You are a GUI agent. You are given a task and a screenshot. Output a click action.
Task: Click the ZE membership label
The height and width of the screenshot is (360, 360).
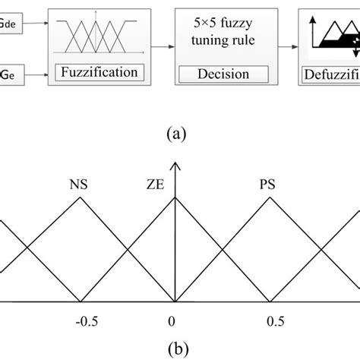tap(157, 184)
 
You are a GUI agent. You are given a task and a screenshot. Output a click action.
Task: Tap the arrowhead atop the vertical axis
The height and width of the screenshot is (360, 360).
tap(175, 166)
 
